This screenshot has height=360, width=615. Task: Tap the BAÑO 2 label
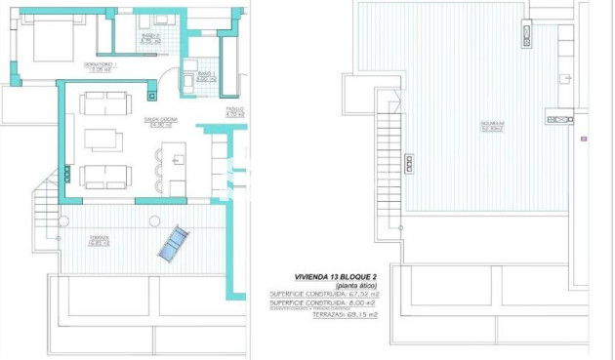(x=149, y=42)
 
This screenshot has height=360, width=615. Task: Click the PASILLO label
(x=233, y=111)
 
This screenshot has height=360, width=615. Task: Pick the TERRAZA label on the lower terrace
(x=98, y=240)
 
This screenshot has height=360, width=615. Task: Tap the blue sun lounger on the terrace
(x=172, y=244)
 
